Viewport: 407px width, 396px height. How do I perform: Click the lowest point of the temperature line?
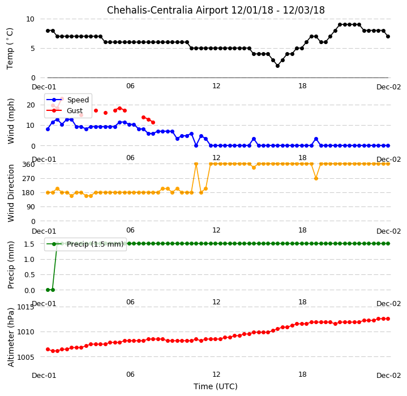pos(277,66)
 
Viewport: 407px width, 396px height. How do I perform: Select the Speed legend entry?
pos(67,100)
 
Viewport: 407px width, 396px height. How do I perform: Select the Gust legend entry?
pos(65,111)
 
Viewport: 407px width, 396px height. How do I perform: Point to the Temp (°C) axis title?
pos(10,49)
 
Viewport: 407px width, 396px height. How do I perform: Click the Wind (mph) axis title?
pos(11,121)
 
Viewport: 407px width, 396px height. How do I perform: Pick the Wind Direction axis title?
pos(11,193)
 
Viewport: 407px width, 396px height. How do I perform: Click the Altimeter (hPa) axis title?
pos(11,337)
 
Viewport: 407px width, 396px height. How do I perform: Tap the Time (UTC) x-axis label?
pos(216,386)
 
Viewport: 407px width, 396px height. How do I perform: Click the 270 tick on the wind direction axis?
pos(29,179)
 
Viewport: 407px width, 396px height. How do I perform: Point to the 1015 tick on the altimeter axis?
pos(25,307)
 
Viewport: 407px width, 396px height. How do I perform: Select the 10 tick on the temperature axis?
pos(30,19)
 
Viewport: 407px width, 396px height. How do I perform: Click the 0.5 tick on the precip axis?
pos(29,274)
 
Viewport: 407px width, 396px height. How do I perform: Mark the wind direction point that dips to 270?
pos(316,178)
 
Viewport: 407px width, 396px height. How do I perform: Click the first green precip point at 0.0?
pos(48,290)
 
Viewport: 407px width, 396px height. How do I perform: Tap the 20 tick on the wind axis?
pos(31,105)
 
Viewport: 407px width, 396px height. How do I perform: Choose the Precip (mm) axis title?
pos(11,265)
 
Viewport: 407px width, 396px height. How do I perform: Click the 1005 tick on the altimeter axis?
pos(25,357)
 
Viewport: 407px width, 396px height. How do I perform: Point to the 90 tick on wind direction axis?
pos(31,207)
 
